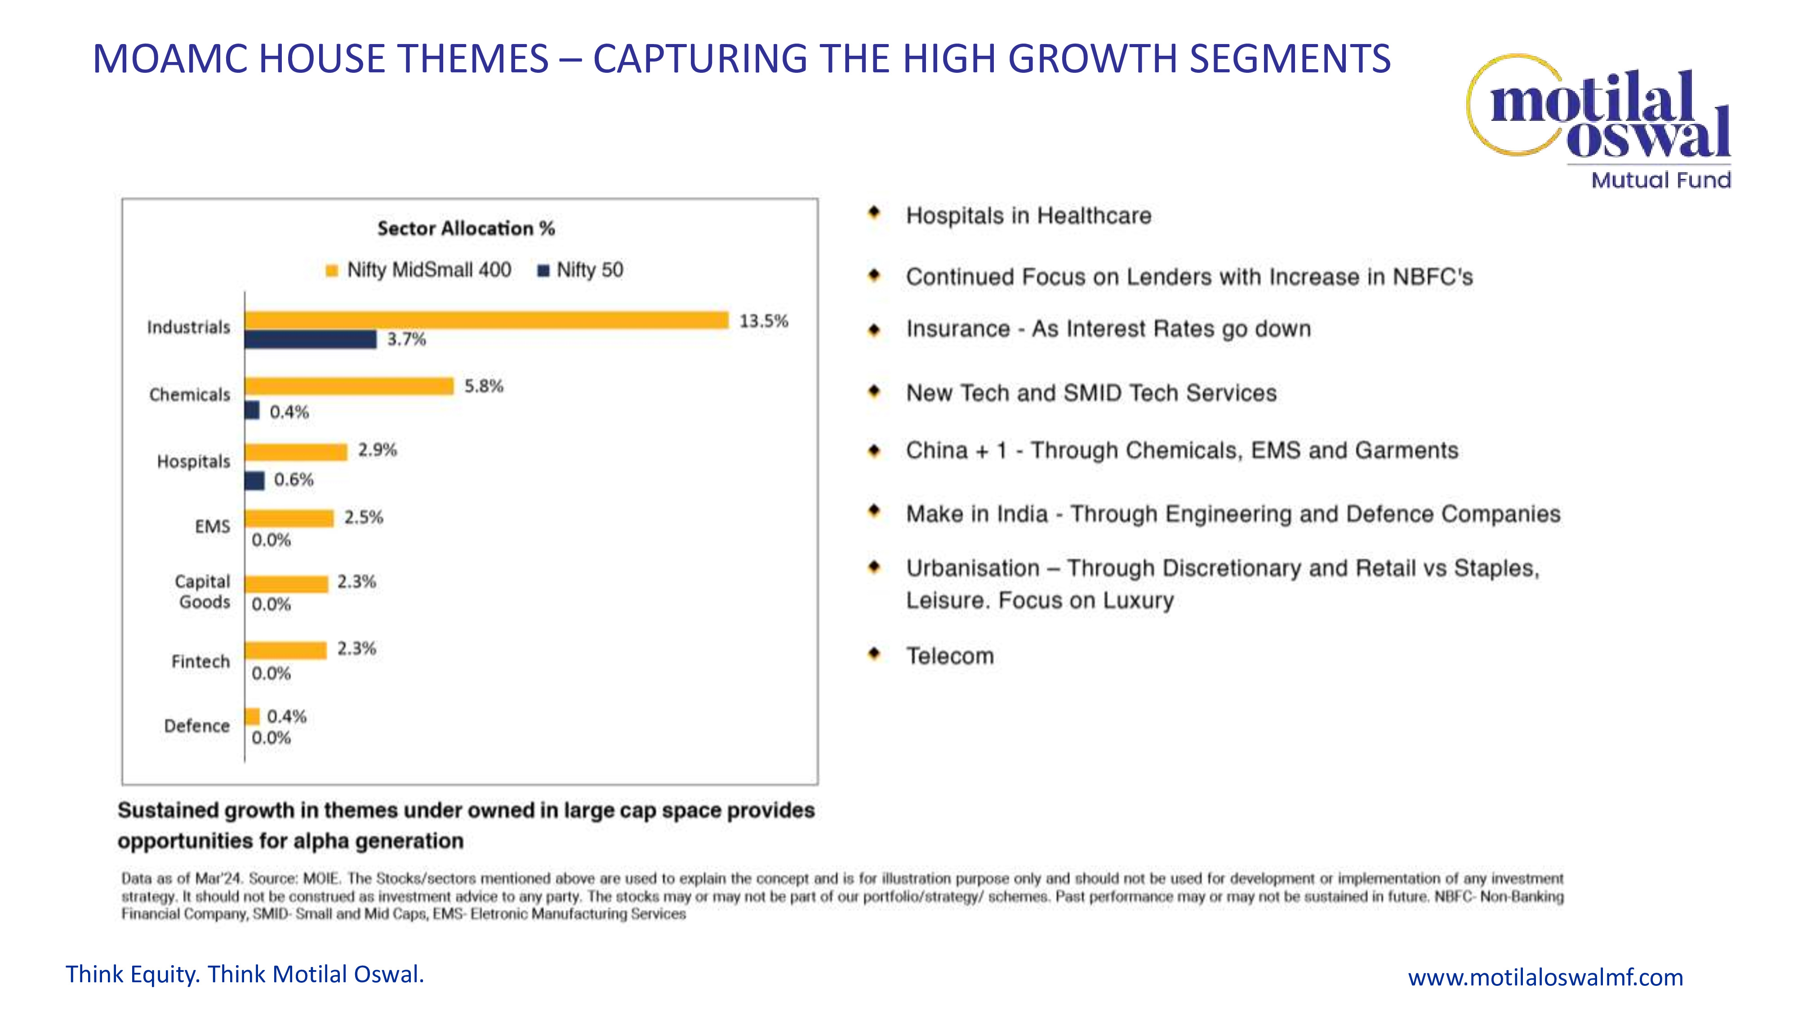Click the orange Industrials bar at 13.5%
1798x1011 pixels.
(x=486, y=320)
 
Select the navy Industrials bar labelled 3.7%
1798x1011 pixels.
(x=311, y=340)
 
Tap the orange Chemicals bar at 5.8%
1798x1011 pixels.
(x=349, y=386)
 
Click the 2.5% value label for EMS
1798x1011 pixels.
(x=364, y=518)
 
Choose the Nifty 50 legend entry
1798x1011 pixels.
(x=581, y=270)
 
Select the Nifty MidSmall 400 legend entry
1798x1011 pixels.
(x=419, y=270)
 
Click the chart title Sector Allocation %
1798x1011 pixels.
(x=466, y=228)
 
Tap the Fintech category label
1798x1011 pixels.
(x=200, y=661)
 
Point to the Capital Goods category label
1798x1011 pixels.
(x=203, y=592)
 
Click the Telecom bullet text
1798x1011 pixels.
(x=950, y=656)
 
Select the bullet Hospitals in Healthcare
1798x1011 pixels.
(x=1028, y=216)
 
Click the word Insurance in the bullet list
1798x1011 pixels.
(x=957, y=328)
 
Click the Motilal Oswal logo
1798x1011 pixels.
(x=1605, y=119)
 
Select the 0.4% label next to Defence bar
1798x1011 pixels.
(x=287, y=717)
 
